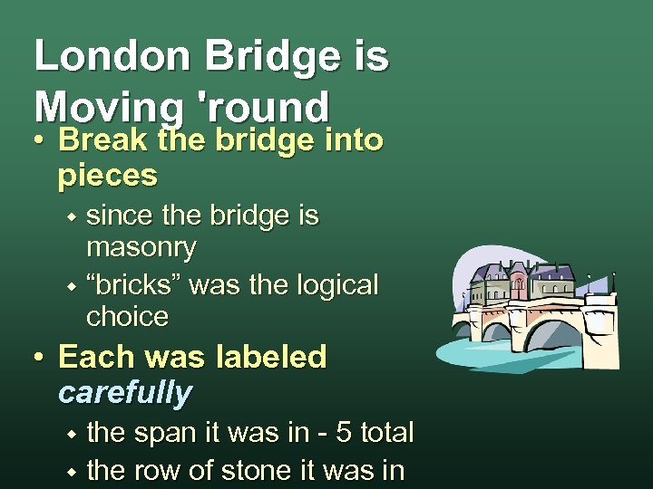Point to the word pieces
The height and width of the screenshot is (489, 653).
(107, 175)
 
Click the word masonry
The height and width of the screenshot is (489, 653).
(141, 246)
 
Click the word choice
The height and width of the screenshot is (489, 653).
(127, 317)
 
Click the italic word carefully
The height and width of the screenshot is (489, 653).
(124, 392)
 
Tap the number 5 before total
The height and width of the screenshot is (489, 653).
(343, 433)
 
